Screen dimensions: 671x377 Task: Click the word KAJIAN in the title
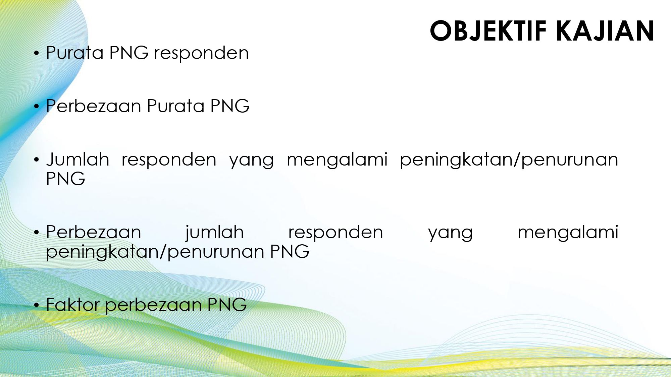click(x=605, y=31)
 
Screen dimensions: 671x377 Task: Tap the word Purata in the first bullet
click(x=75, y=53)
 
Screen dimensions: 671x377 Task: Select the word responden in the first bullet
click(x=201, y=53)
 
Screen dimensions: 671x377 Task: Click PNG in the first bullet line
click(x=129, y=53)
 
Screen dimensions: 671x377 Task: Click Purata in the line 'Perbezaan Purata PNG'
click(x=176, y=106)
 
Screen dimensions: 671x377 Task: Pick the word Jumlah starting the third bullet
click(x=78, y=159)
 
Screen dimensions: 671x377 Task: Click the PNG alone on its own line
click(x=66, y=179)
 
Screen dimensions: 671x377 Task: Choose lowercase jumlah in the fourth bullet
click(x=215, y=233)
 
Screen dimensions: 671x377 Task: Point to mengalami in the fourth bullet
click(x=568, y=233)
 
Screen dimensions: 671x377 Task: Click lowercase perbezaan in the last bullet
click(x=153, y=306)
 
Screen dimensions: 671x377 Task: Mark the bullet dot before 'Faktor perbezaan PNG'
click(x=37, y=305)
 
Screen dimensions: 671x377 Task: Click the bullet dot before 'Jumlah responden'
click(x=37, y=160)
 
